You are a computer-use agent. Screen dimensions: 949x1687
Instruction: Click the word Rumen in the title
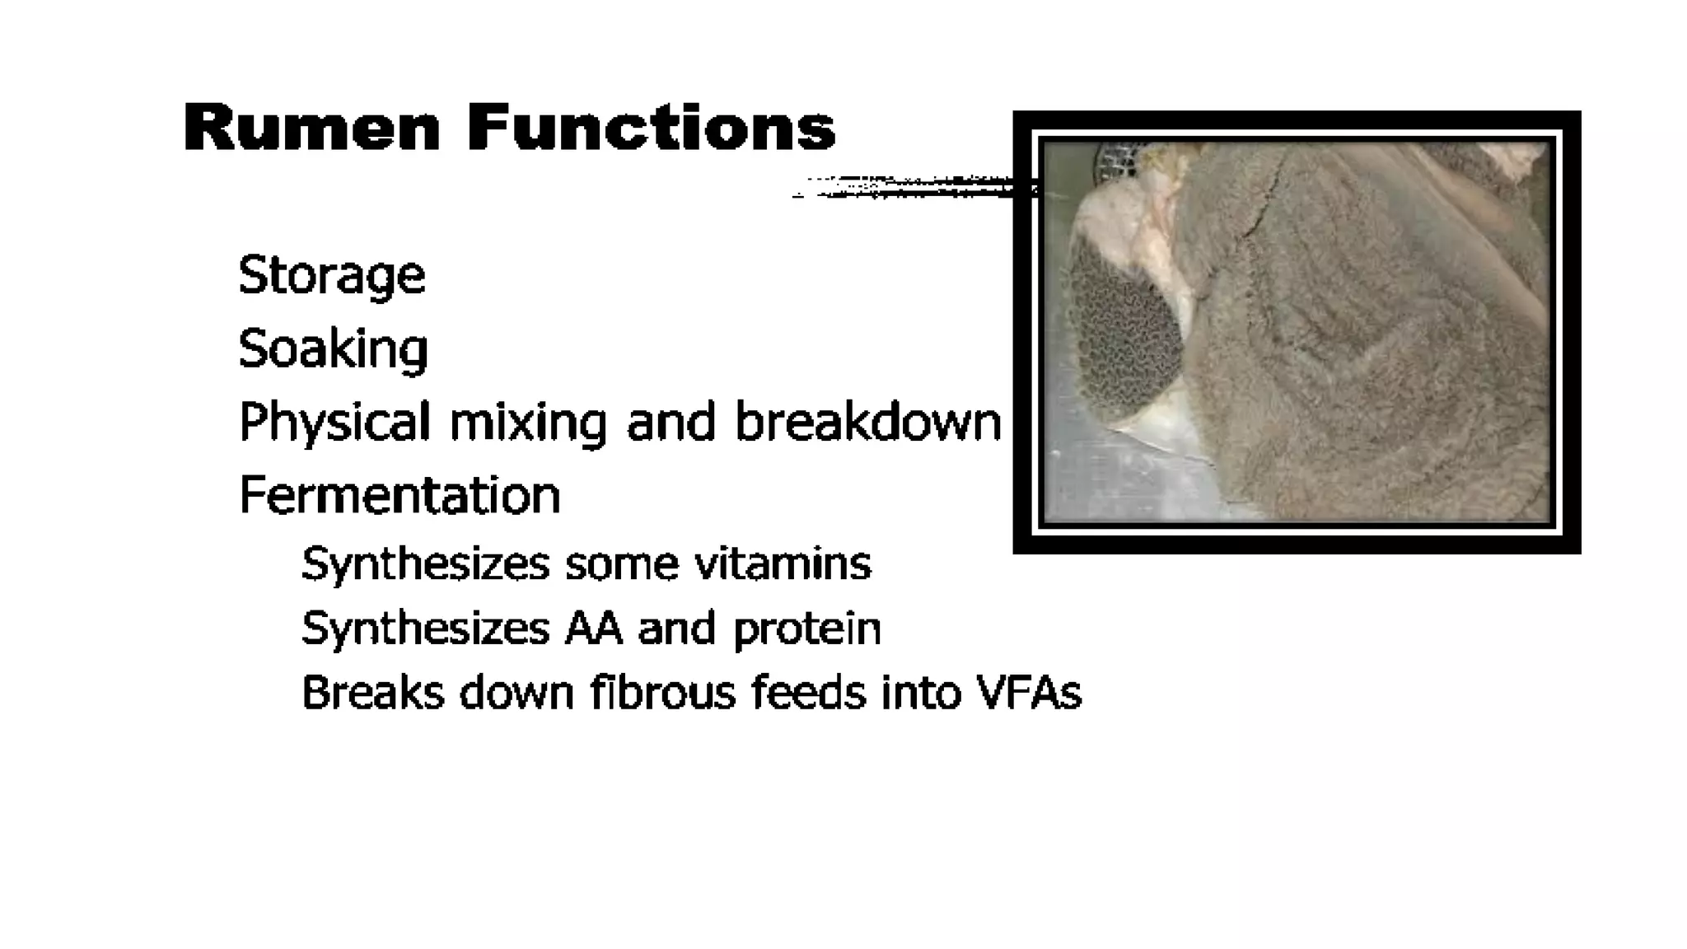click(x=311, y=129)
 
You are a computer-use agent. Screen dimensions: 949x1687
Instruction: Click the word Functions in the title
click(x=651, y=129)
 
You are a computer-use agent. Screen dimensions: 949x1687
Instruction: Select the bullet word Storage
click(x=331, y=275)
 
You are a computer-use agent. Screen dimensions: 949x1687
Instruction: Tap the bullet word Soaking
click(x=333, y=348)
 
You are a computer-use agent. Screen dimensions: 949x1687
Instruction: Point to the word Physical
click(x=334, y=422)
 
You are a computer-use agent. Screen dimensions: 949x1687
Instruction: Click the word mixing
click(x=527, y=422)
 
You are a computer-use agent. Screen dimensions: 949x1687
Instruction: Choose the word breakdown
click(x=867, y=422)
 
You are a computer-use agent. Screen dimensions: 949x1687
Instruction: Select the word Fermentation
click(x=400, y=495)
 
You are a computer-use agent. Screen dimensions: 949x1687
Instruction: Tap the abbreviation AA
click(x=593, y=629)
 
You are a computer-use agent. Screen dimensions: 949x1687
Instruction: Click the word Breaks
click(x=373, y=692)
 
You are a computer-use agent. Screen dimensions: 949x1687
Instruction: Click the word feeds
click(x=808, y=692)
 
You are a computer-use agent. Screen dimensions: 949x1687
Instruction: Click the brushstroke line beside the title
click(x=906, y=187)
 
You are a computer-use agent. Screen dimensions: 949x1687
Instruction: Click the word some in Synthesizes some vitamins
click(x=622, y=564)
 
